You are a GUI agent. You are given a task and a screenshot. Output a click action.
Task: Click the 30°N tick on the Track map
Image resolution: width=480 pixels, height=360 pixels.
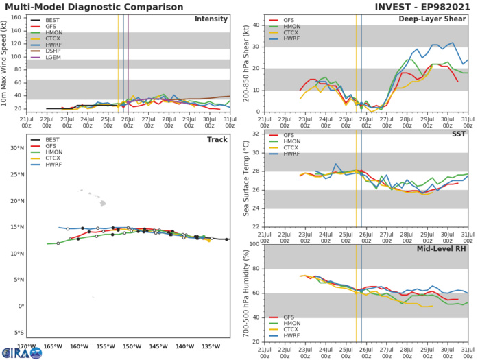click(16, 147)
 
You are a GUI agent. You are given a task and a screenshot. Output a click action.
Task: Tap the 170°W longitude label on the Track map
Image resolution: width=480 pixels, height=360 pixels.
click(27, 346)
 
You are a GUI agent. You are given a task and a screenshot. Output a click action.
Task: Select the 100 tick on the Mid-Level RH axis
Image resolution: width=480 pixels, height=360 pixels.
click(252, 243)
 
